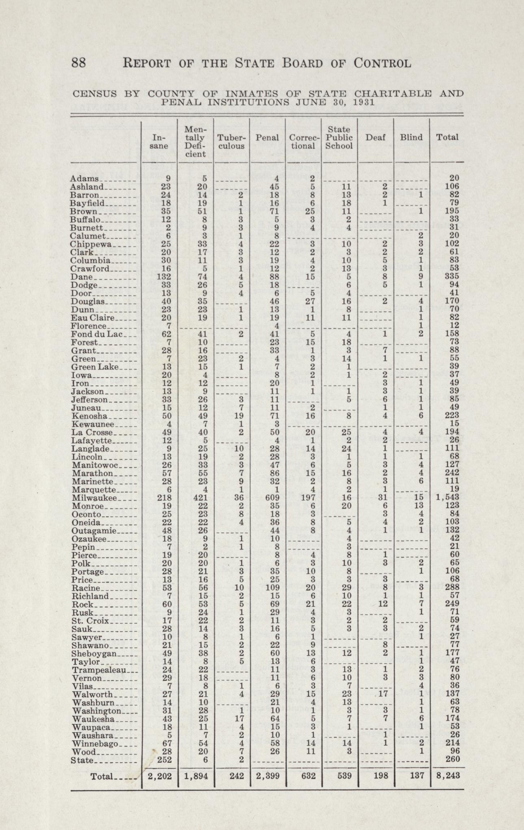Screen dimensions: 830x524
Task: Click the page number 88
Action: [x=78, y=63]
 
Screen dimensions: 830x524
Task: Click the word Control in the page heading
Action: [x=382, y=63]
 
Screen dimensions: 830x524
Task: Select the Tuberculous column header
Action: [x=231, y=141]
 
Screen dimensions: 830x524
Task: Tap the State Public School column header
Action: [x=339, y=137]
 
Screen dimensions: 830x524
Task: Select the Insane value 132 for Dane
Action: [x=159, y=276]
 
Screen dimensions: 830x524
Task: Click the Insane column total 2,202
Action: [x=159, y=776]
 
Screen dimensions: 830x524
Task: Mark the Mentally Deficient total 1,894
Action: [x=196, y=776]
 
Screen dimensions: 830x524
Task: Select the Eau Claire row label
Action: [x=93, y=317]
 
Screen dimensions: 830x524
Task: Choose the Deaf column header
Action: [x=375, y=137]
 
